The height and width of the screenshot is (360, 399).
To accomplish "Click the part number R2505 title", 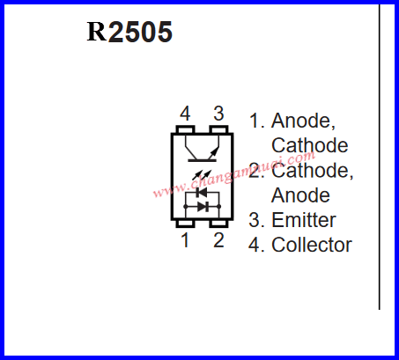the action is (x=129, y=32).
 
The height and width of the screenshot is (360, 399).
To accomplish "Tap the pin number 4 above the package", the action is (x=185, y=114).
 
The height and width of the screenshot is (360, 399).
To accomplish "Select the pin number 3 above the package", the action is (x=218, y=114).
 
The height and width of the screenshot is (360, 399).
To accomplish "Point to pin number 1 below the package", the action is (x=185, y=240).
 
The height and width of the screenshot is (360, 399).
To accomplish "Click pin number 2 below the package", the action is (x=218, y=240).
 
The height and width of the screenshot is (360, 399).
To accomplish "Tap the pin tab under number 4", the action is (x=185, y=129).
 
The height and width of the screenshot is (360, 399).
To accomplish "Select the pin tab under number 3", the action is (x=218, y=129).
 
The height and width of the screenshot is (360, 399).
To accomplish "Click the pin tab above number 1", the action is (x=185, y=224).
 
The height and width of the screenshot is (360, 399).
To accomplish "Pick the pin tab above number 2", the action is (x=218, y=224).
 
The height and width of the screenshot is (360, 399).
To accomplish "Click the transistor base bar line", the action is (x=202, y=160).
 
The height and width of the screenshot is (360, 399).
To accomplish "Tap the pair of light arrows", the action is (x=202, y=175).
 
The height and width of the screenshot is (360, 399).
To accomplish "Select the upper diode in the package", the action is (x=203, y=193).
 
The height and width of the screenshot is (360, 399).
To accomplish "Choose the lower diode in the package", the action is (x=203, y=207).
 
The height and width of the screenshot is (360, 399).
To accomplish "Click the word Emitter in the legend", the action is (x=304, y=220).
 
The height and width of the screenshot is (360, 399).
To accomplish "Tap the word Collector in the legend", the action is (x=312, y=245).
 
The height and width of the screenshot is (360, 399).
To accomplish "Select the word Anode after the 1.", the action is (x=303, y=121).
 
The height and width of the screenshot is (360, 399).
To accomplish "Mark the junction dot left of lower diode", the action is (x=185, y=207).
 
